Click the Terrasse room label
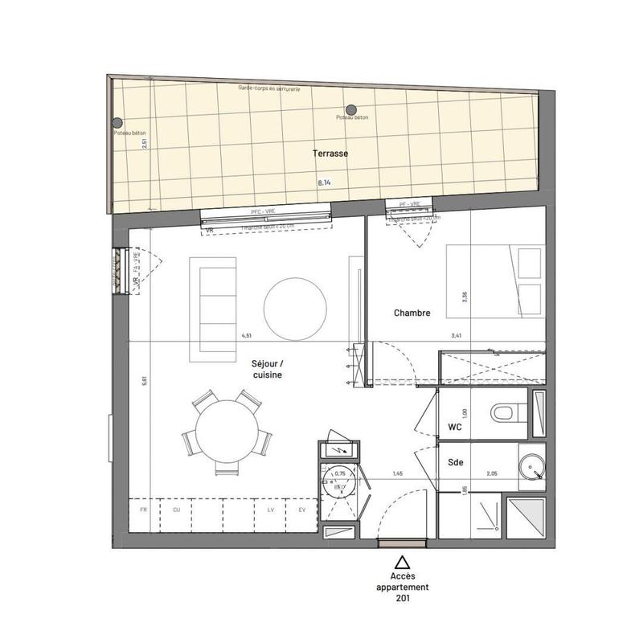(330, 153)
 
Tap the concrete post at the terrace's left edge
(117, 123)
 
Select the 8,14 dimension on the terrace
(325, 182)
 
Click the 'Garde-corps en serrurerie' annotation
(269, 89)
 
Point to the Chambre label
(412, 313)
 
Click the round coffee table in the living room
(296, 307)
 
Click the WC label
(455, 428)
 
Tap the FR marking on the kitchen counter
(143, 510)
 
